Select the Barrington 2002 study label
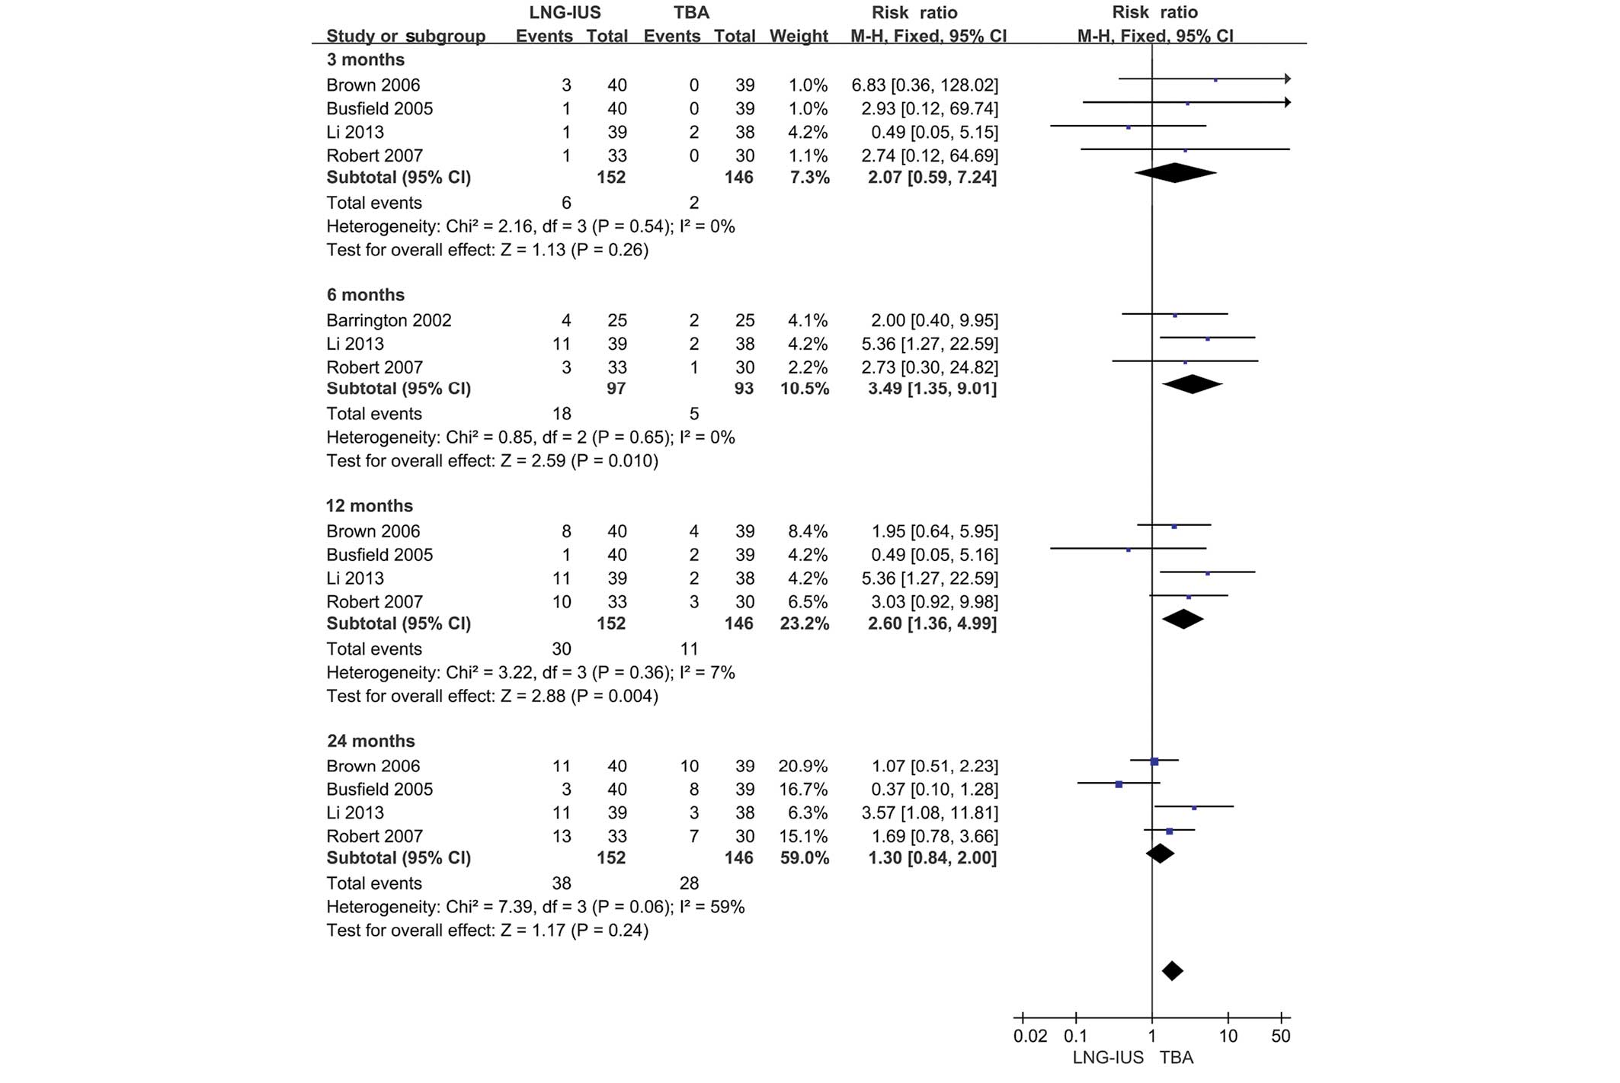pos(389,320)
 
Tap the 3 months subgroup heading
pos(366,59)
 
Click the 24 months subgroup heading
pos(371,741)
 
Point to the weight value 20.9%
pos(802,766)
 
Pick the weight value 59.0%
pos(802,858)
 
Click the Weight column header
pos(799,36)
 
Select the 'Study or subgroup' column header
pos(405,36)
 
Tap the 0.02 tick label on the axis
pos(1030,1037)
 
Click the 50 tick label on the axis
pos(1281,1037)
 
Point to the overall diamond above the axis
pos(1173,971)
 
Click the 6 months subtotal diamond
pos(1193,384)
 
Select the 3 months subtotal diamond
pos(1176,173)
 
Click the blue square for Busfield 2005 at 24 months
pos(1119,784)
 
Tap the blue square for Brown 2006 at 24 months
pos(1154,761)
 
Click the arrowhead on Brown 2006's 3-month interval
pos(1287,79)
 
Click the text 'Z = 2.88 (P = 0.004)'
pos(579,696)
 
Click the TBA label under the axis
pos(1177,1058)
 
